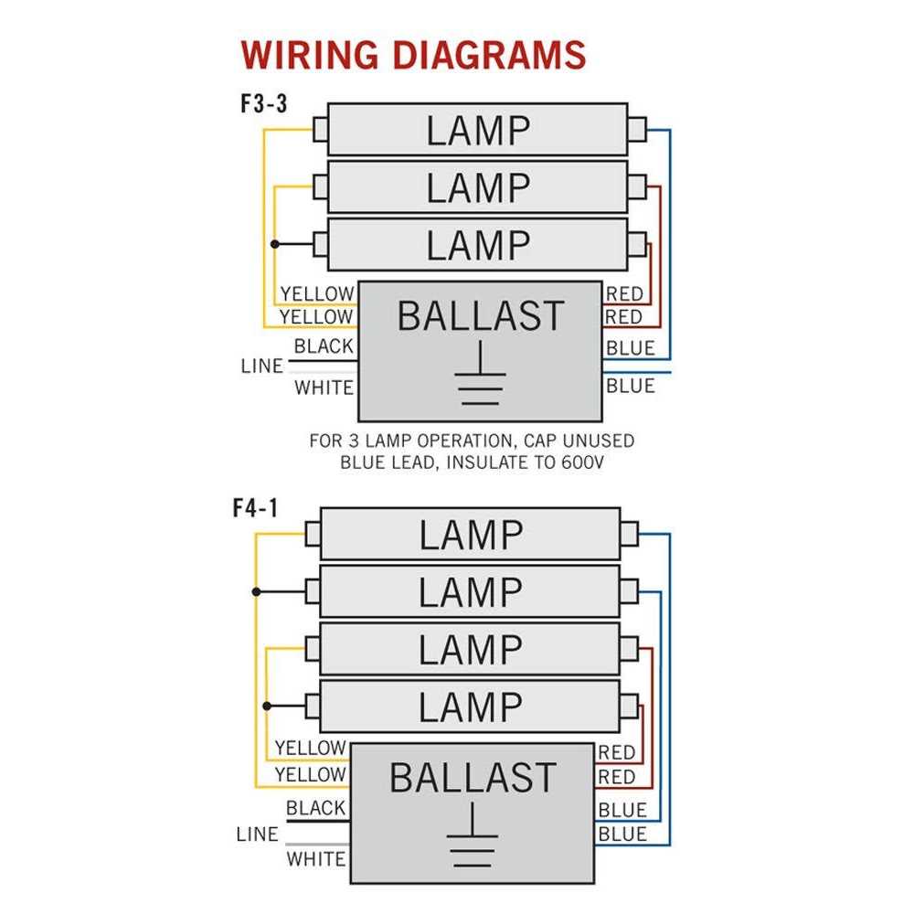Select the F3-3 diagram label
[264, 103]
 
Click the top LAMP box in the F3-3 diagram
[477, 130]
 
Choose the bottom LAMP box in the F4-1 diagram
[470, 707]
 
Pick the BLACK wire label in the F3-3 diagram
[324, 346]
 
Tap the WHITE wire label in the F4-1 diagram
[316, 859]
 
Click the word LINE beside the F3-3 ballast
[262, 367]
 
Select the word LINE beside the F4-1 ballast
[257, 834]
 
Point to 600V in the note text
[581, 462]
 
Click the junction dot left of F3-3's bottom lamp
[274, 245]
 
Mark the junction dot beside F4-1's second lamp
[257, 591]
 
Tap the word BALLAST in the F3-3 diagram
[481, 316]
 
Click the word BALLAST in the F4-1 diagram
[473, 779]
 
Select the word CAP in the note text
[525, 441]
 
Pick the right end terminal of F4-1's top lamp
[628, 534]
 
